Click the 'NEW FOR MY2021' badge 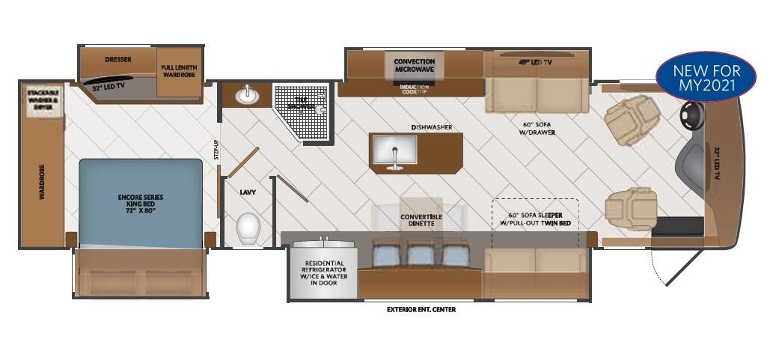706,78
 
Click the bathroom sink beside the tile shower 246,96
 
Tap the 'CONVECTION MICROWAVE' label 415,65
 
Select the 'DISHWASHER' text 430,127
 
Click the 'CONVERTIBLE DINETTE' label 421,221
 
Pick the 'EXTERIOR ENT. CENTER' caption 421,309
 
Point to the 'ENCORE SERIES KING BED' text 141,202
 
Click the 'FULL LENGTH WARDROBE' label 179,72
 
